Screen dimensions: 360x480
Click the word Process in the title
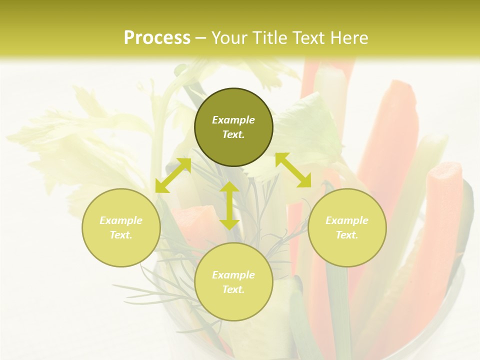pos(157,38)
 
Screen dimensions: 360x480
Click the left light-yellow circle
pos(121,250)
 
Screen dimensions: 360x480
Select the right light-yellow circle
pos(347,250)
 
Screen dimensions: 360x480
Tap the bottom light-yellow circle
pos(233,304)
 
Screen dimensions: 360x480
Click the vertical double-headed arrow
pos(229,205)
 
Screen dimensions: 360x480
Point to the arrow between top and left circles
pos(173,175)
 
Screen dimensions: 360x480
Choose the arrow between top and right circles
pos(293,170)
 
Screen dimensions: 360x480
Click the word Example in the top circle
pos(233,120)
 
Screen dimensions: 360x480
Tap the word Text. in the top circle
pos(233,134)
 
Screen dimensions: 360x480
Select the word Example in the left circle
pos(121,220)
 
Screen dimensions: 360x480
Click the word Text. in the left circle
pos(121,235)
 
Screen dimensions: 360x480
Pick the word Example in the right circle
pos(347,220)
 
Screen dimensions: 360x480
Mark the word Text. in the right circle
pos(347,235)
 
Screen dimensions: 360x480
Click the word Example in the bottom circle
pos(233,275)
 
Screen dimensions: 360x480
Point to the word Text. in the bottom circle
pos(233,289)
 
